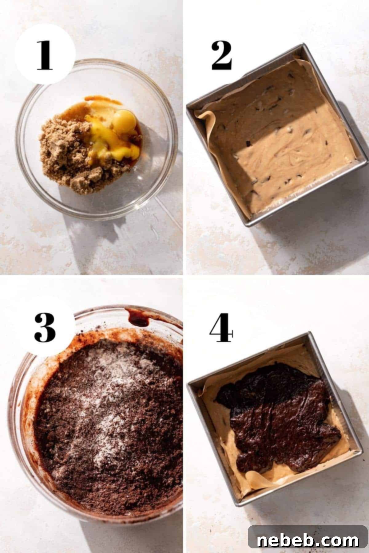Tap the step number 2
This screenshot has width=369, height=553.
221,55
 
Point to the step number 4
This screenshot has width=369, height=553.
221,327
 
